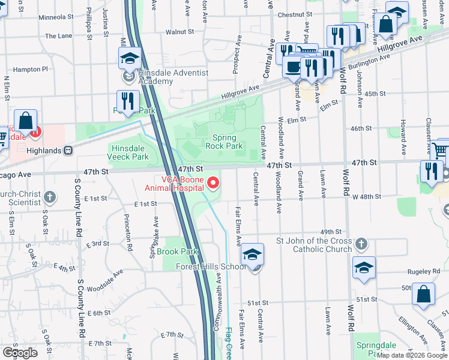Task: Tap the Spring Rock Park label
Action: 224,142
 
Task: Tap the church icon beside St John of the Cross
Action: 360,244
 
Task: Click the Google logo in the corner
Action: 20,353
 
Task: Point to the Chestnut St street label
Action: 295,14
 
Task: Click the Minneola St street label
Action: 55,17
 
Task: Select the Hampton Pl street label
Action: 30,70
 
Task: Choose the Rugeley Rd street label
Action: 424,272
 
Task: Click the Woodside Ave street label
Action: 104,275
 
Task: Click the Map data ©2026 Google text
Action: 412,355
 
